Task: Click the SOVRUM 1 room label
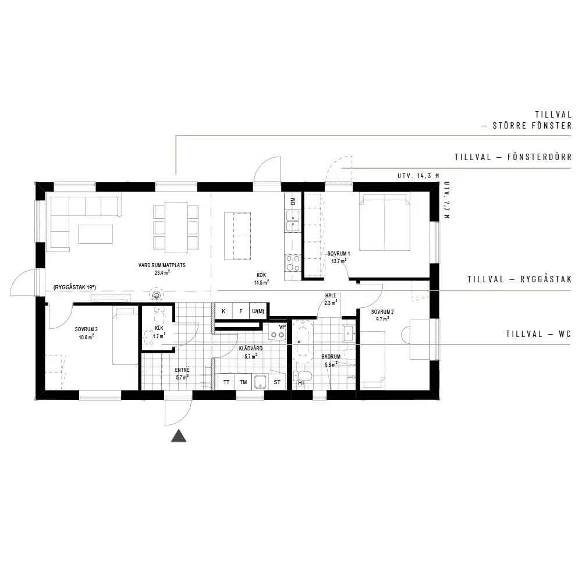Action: [x=339, y=254]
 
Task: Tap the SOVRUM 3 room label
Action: [x=86, y=329]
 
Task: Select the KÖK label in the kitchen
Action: [x=261, y=275]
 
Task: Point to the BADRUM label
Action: [x=331, y=357]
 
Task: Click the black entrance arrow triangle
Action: [x=179, y=436]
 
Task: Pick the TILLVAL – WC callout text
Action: [x=538, y=334]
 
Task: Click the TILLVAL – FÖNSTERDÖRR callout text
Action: [x=513, y=157]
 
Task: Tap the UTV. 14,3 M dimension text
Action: [x=418, y=176]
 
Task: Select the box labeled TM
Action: [x=243, y=382]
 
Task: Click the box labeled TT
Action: [x=226, y=382]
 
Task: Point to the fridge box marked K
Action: [x=223, y=311]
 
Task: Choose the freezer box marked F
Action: [x=241, y=311]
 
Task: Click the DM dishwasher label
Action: [x=293, y=201]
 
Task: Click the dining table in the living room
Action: [x=176, y=227]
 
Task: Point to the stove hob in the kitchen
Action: [x=293, y=263]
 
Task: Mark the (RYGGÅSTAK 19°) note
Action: [x=74, y=288]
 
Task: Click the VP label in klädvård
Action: [x=282, y=327]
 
